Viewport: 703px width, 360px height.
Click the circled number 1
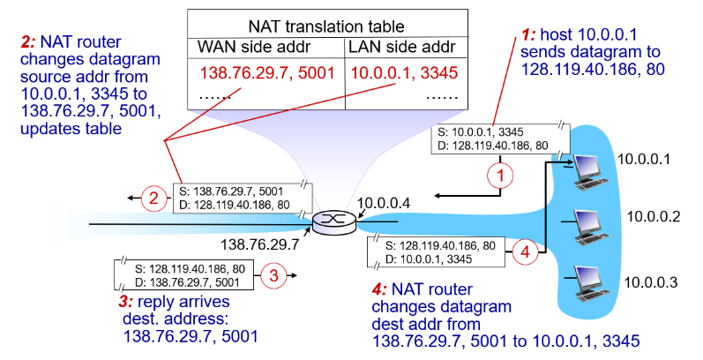500,176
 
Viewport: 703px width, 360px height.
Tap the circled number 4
526,251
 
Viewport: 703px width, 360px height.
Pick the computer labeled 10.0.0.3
589,278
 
